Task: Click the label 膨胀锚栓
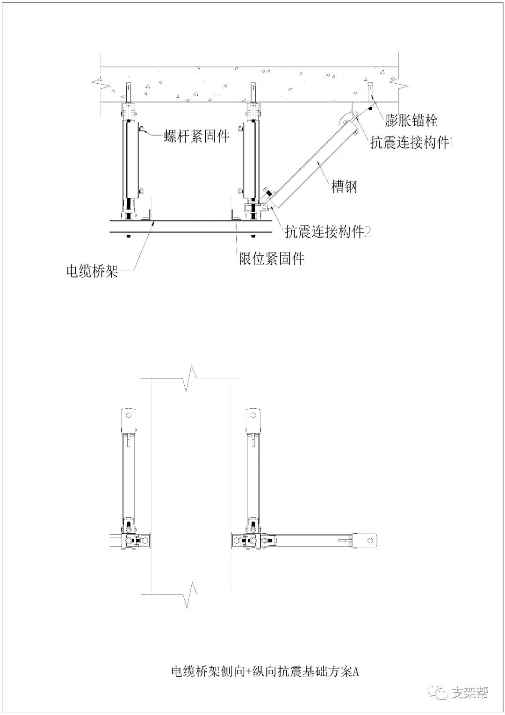tap(411, 121)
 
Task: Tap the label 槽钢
tap(344, 187)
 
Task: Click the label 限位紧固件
tap(272, 259)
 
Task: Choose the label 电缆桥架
tap(92, 271)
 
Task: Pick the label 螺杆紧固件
tap(197, 136)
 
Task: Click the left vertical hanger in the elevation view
tap(128, 159)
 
